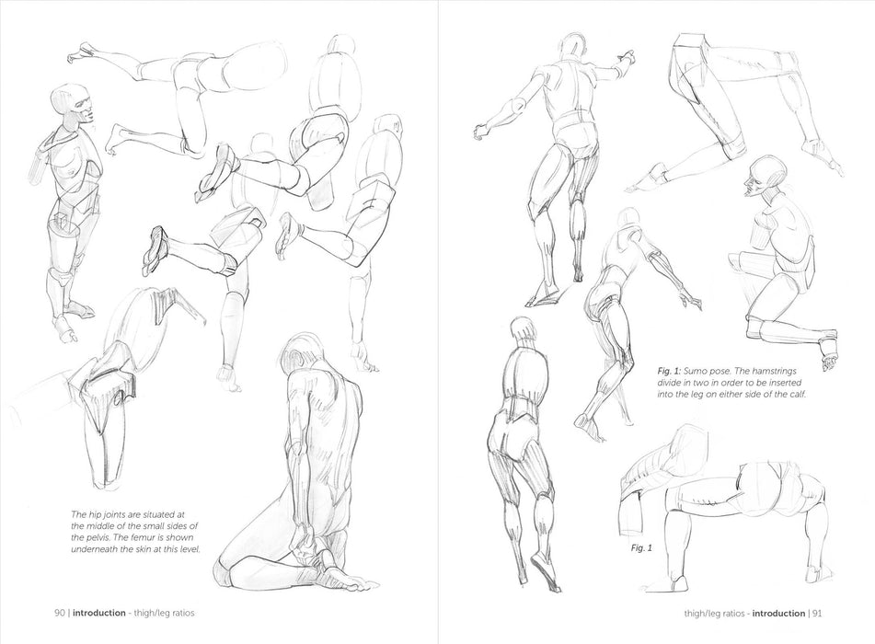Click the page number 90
pos(59,613)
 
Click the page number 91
pos(817,614)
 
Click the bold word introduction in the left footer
pos(99,613)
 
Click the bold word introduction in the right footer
pos(778,614)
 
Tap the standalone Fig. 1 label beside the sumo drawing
pos(641,548)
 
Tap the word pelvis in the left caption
pos(98,537)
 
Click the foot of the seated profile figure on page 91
pos(828,351)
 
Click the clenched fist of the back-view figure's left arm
pos(480,132)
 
